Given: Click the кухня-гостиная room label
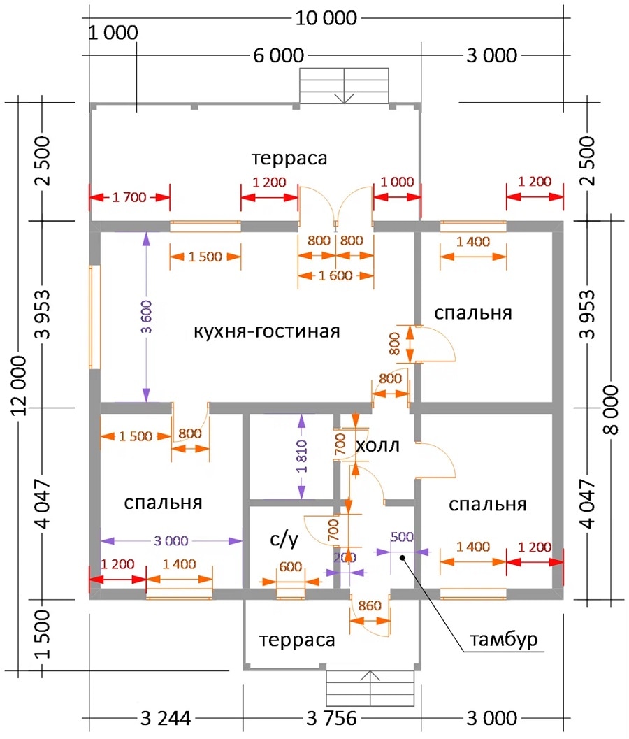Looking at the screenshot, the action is (267, 331).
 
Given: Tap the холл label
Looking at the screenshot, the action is (377, 445).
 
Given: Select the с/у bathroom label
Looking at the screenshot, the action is (284, 538).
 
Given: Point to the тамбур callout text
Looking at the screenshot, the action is (503, 640).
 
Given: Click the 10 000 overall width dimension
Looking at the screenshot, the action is (326, 18).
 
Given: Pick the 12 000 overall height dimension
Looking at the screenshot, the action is (19, 385).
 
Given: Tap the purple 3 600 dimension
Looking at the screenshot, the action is (147, 317).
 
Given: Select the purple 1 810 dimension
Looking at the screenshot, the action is (302, 457).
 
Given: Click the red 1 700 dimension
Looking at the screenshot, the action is (129, 197).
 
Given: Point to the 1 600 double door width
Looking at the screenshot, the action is (335, 275).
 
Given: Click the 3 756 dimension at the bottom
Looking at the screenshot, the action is (332, 718).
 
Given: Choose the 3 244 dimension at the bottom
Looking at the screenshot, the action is (166, 718).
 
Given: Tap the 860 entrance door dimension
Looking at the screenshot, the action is (370, 605).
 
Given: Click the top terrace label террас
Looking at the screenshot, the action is (289, 158).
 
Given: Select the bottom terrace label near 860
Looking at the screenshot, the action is (297, 640).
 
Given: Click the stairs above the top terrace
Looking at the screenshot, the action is (345, 86).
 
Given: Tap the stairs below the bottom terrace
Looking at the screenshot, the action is (370, 688).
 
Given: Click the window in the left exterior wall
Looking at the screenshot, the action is (95, 317).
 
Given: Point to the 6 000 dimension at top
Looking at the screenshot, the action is (278, 56).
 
